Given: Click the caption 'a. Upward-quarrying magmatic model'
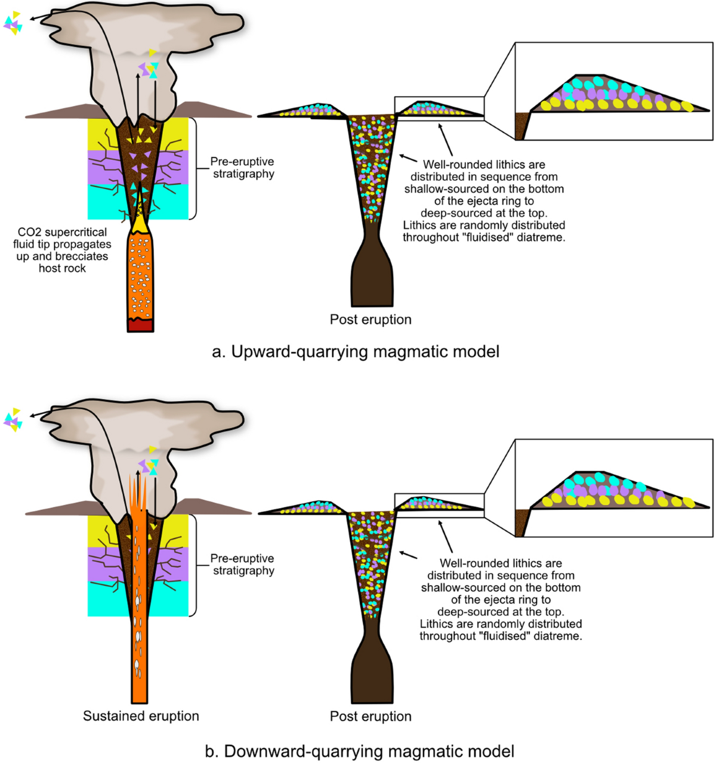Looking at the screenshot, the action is click(355, 352).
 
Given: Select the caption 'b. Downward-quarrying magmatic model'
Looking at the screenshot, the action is click(359, 751).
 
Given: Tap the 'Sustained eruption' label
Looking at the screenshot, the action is click(141, 716).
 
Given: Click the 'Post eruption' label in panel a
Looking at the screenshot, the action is click(371, 319).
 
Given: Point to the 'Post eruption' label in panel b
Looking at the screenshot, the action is click(371, 716).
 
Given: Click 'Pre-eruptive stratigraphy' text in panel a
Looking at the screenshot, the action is click(242, 168).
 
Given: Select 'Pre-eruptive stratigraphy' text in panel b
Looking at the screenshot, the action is click(242, 564).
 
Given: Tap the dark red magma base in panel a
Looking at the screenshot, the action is click(140, 325).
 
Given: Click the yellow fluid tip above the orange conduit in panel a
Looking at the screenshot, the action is click(141, 223).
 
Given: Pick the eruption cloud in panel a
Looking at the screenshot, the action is click(146, 58).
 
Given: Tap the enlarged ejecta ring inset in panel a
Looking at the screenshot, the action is click(614, 91).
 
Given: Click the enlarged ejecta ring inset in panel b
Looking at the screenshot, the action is click(614, 488).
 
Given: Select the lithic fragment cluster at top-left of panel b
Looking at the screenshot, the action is click(13, 419).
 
